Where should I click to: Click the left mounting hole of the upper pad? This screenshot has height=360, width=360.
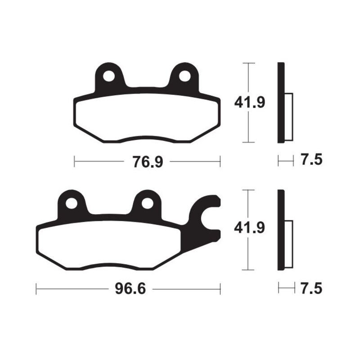(108, 76)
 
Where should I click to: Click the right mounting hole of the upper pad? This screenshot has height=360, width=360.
(184, 76)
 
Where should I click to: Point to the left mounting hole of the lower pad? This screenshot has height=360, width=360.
(71, 203)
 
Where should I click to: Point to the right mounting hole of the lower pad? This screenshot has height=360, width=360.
(147, 203)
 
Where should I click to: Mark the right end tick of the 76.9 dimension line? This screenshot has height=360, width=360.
(220, 161)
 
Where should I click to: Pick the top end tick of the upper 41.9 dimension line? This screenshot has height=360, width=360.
(248, 63)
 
